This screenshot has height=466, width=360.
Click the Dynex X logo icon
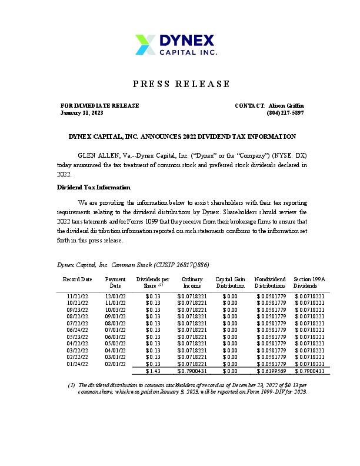point(146,44)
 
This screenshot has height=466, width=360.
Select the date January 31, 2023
point(82,112)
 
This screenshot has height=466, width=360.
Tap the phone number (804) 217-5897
point(285,112)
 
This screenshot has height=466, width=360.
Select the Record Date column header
point(78,279)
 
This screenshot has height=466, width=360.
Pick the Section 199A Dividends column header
point(309,282)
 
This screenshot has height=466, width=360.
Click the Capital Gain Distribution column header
point(230,282)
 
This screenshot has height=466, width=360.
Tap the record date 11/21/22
point(78,296)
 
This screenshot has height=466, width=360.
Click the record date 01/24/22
point(78,364)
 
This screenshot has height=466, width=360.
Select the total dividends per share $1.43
point(153,371)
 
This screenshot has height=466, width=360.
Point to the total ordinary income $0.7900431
point(192,371)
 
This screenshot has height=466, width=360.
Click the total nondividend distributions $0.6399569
point(271,371)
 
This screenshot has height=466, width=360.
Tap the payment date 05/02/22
point(115,344)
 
